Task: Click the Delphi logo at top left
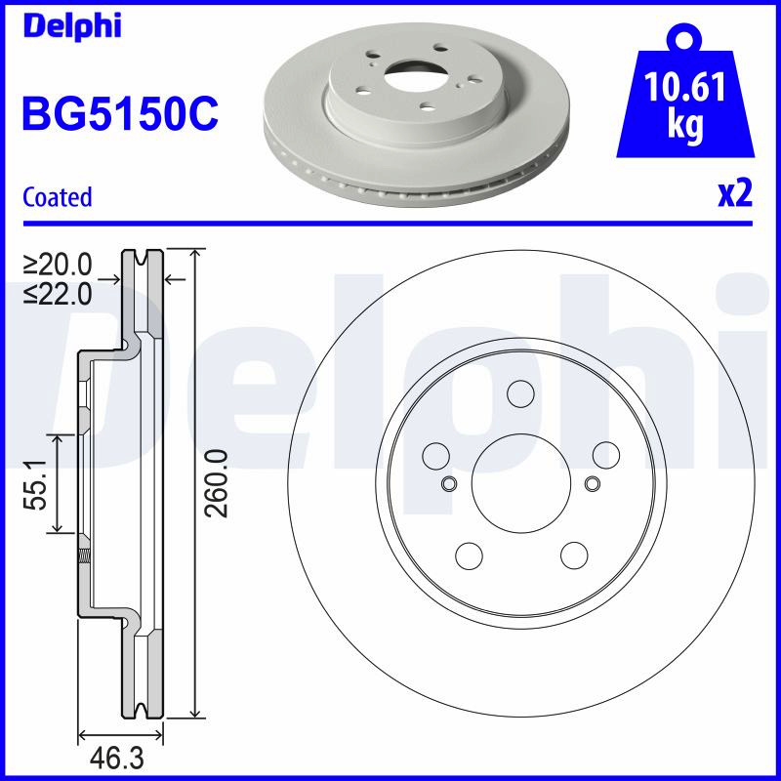(x=72, y=26)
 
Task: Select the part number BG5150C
(x=120, y=114)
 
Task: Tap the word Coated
(x=58, y=197)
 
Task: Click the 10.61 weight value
(x=685, y=87)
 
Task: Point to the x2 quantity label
(x=735, y=194)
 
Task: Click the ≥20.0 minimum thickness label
(x=59, y=265)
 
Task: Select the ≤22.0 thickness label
(x=59, y=294)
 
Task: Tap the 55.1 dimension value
(x=36, y=484)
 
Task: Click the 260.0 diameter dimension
(x=217, y=483)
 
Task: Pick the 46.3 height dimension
(x=116, y=759)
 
